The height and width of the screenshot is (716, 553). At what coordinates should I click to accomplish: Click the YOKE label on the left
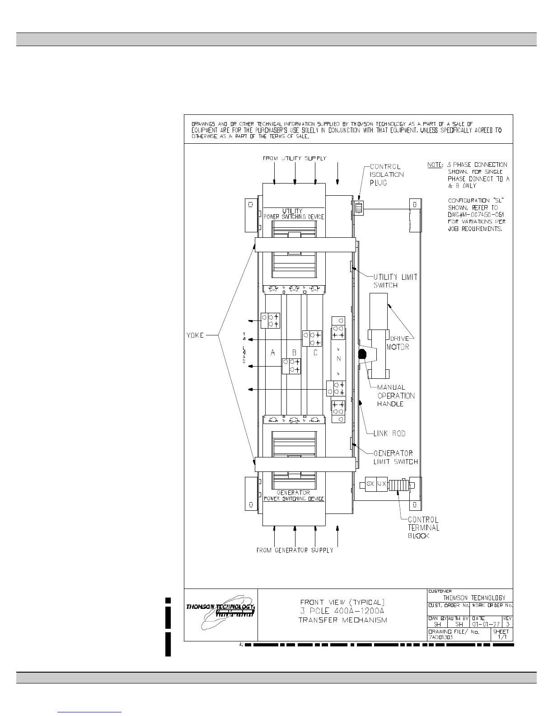click(x=195, y=335)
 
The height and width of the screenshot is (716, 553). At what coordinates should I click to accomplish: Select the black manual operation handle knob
click(x=362, y=354)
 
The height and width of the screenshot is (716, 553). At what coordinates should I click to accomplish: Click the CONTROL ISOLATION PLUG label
click(x=387, y=174)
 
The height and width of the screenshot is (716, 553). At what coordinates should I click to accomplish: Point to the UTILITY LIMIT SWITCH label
click(x=395, y=281)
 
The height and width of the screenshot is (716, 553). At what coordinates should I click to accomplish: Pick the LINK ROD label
click(x=389, y=433)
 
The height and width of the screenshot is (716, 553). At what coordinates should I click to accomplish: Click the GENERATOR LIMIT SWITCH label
click(x=395, y=457)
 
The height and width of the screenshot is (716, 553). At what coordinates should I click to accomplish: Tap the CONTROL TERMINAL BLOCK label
click(x=423, y=528)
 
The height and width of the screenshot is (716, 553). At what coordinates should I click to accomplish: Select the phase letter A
click(x=273, y=353)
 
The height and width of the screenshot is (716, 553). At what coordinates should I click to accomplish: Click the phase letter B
click(x=294, y=353)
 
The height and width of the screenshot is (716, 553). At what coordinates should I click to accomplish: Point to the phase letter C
click(x=315, y=353)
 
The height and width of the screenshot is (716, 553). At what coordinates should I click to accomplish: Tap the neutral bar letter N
click(x=338, y=359)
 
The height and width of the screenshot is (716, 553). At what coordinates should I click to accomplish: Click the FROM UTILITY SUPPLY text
click(x=295, y=159)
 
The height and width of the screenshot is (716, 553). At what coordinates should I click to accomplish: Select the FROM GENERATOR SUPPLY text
click(x=295, y=551)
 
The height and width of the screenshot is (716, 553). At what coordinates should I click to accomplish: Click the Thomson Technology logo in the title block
click(x=221, y=614)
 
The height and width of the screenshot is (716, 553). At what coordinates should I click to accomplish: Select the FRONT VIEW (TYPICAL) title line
click(x=342, y=602)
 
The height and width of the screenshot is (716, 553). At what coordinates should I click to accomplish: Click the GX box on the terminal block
click(x=370, y=484)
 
